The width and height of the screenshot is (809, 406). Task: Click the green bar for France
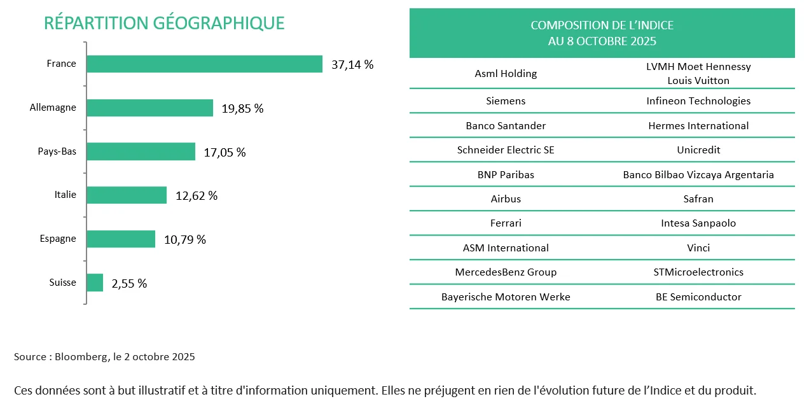point(204,64)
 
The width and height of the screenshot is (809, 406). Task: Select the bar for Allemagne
point(149,108)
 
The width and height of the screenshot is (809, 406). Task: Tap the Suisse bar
point(95,283)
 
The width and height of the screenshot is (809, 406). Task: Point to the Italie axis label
point(65,195)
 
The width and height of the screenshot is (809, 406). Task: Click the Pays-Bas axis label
point(57,151)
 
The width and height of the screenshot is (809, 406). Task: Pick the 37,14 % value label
point(352,64)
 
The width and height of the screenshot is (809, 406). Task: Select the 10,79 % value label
point(185,239)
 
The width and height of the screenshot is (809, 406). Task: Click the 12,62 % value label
point(197,195)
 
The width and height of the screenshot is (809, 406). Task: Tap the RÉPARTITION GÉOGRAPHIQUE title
point(164,23)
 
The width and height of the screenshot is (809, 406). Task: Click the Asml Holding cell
point(506,74)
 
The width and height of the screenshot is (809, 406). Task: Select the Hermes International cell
point(698,126)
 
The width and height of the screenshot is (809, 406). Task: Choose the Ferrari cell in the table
point(506,223)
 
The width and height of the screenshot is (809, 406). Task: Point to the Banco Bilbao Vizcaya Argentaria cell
point(698,174)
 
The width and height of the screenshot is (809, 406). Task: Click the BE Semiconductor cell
point(698,297)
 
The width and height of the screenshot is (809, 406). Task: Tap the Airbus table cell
point(506,199)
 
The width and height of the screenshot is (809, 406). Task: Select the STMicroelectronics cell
point(698,272)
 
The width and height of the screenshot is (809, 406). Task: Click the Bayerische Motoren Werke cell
point(506,297)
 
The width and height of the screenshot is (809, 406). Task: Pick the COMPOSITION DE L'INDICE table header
point(602,33)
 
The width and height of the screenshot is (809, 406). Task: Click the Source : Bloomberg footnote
point(104,357)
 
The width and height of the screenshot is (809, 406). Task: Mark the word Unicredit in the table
point(698,150)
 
